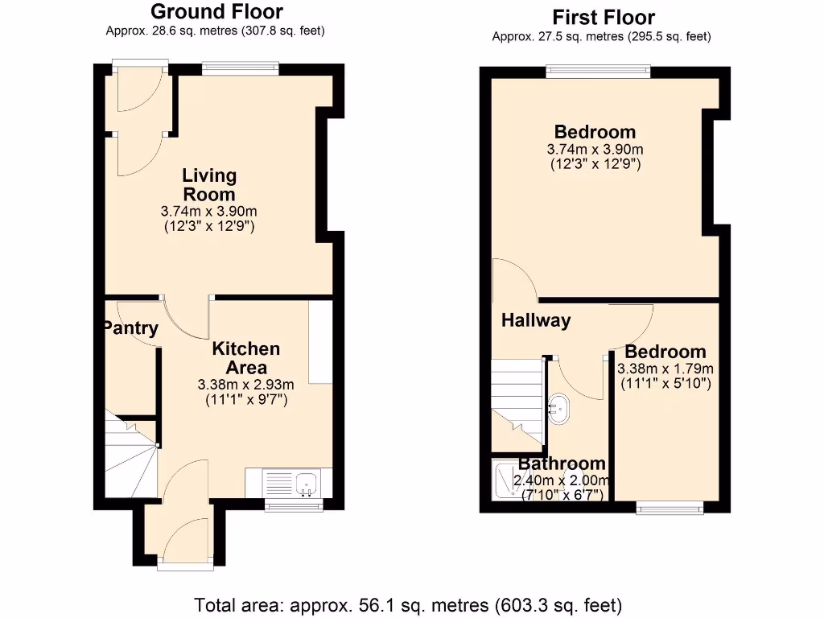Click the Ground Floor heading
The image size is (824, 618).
point(216,12)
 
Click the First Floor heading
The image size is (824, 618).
point(603,17)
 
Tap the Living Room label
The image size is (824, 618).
point(209,184)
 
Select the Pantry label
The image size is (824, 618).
point(130,328)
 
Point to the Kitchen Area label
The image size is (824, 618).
point(246,358)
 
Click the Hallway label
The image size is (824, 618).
point(536,320)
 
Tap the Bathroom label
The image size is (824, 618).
point(562,463)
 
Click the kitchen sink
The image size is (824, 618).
point(307,484)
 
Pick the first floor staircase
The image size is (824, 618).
point(515,398)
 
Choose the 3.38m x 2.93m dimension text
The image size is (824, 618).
point(246,384)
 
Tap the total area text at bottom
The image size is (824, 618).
point(409,604)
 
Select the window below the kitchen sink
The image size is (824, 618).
point(294,505)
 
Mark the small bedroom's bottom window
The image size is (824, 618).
point(669,507)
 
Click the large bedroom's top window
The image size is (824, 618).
point(598,72)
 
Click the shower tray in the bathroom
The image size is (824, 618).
point(505,480)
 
